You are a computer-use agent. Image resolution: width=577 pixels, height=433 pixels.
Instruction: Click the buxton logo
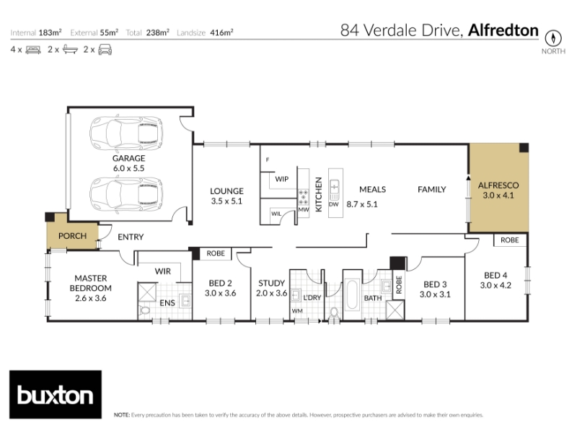(56, 394)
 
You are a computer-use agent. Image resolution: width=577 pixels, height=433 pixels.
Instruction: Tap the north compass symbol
(553, 38)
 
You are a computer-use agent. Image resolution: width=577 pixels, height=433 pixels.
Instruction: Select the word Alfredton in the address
(503, 30)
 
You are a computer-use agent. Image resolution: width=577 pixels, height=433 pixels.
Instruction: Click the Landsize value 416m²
(221, 32)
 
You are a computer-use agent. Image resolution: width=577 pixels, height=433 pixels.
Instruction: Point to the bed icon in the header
(33, 50)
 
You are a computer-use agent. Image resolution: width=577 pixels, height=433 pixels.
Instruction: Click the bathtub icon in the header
(70, 49)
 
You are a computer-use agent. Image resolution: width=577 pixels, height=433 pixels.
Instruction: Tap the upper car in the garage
(125, 134)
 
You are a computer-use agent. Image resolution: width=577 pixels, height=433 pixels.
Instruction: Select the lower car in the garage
(125, 194)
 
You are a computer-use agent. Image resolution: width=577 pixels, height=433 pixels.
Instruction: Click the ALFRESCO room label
(498, 185)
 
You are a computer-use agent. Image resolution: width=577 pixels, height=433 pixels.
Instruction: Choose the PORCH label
(73, 236)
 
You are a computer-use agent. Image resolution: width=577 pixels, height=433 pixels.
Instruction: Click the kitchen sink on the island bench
(334, 188)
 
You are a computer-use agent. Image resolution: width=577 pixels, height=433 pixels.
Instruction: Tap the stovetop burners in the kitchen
(303, 197)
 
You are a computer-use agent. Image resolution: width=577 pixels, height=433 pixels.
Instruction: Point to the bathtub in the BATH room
(352, 295)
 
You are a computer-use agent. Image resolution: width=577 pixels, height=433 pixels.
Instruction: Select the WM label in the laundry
(297, 311)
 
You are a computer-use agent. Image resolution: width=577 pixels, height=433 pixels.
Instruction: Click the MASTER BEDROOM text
(91, 283)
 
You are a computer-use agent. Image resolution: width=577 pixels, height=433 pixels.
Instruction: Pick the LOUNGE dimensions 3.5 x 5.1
(226, 201)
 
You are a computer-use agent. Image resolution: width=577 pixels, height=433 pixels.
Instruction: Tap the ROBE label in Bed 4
(510, 240)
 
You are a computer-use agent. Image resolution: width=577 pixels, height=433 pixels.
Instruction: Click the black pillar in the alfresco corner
(524, 148)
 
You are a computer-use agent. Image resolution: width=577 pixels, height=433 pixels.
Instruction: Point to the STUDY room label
(272, 283)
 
